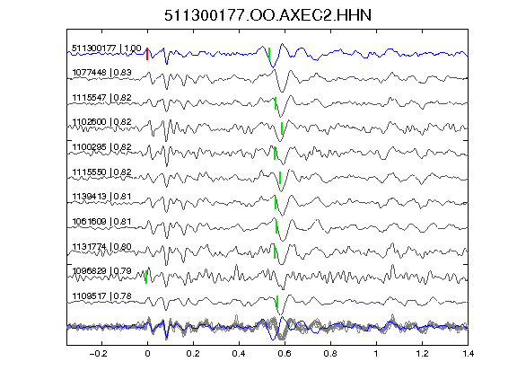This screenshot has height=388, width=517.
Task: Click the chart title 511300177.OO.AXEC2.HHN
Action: pyautogui.click(x=267, y=15)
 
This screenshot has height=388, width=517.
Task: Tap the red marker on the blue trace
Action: pyautogui.click(x=147, y=54)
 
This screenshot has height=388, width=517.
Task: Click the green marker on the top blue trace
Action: pyautogui.click(x=269, y=54)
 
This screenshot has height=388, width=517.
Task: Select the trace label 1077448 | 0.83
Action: pyautogui.click(x=102, y=72)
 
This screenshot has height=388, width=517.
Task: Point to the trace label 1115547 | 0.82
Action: pyautogui.click(x=102, y=97)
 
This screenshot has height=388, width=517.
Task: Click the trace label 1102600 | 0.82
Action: pyautogui.click(x=102, y=122)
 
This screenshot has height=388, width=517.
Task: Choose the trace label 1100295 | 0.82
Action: pyautogui.click(x=102, y=146)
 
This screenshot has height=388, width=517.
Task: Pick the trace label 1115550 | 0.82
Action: pyautogui.click(x=102, y=172)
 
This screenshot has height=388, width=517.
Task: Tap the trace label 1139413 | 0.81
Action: pyautogui.click(x=102, y=197)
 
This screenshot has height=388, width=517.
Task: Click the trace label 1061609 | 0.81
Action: pyautogui.click(x=102, y=221)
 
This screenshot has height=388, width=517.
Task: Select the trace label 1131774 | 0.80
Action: pyautogui.click(x=102, y=246)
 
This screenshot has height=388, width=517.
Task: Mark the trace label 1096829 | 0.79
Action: pyautogui.click(x=102, y=271)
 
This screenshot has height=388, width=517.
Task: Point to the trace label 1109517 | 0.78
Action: pyautogui.click(x=102, y=296)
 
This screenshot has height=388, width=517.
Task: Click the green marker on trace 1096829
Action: pyautogui.click(x=146, y=277)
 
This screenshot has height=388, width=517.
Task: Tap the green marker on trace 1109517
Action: pyautogui.click(x=277, y=302)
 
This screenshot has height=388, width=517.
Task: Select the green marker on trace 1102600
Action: pyautogui.click(x=282, y=128)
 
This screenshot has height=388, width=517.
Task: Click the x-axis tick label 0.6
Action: pyautogui.click(x=285, y=354)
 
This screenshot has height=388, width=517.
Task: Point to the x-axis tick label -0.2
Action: pyautogui.click(x=99, y=354)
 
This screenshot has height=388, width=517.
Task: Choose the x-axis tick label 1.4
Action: pyautogui.click(x=468, y=354)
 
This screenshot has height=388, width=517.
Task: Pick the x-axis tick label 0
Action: pyautogui.click(x=147, y=354)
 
